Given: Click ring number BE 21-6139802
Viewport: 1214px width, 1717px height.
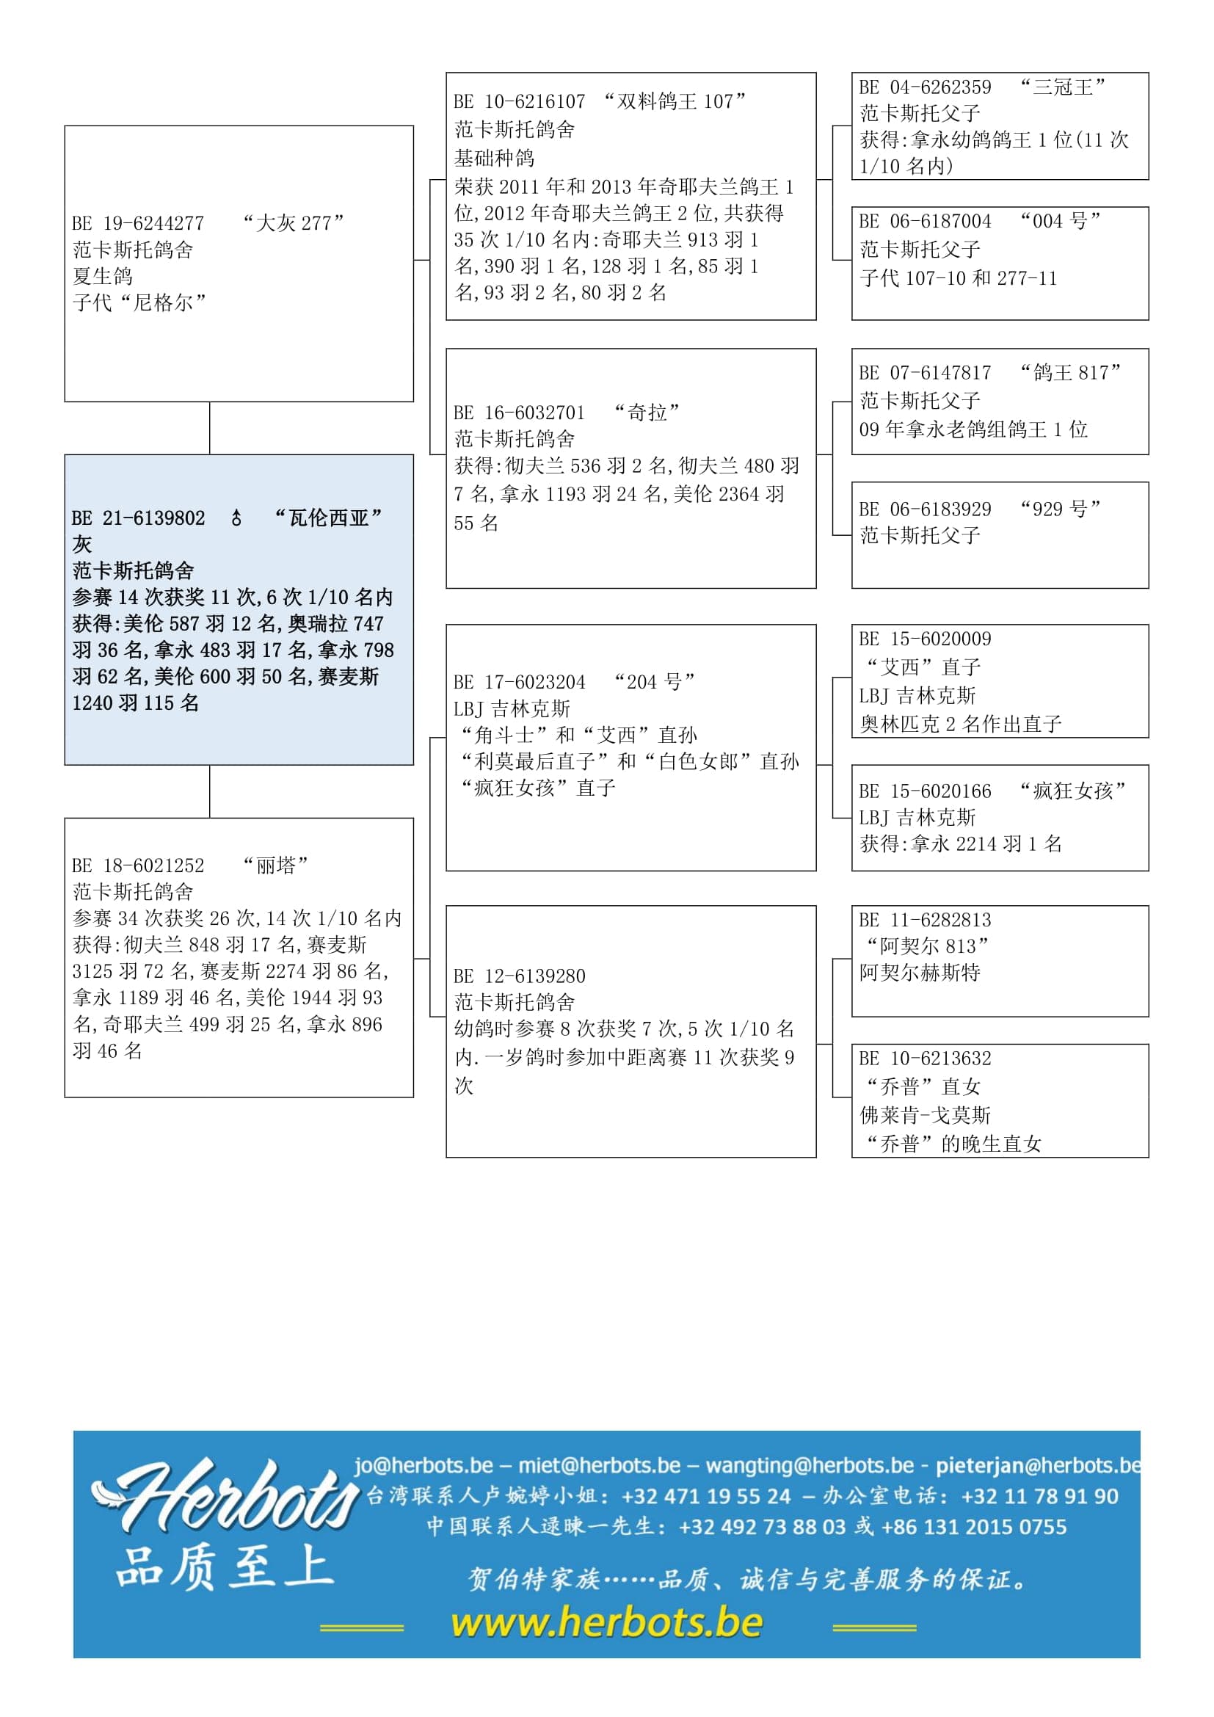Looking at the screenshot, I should coord(138,518).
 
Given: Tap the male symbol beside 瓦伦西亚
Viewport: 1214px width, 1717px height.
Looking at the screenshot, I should coord(236,518).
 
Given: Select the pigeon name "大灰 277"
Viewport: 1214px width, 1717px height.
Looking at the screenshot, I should coord(293,223).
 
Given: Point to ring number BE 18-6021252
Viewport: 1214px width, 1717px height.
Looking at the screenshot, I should coord(138,865).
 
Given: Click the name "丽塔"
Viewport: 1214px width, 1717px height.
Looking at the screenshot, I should coord(276,865).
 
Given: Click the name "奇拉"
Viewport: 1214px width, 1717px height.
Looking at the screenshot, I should coord(647,412).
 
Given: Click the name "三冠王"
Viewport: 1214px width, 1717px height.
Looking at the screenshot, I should coord(1062,87).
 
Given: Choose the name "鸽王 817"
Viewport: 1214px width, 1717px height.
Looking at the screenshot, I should coord(1070,372).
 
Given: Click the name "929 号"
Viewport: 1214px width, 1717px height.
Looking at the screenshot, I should coord(1060,509).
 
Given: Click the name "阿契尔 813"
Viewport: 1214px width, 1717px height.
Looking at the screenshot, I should coord(927,946).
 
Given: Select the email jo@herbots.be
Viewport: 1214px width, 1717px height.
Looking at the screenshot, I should coord(424,1465).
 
